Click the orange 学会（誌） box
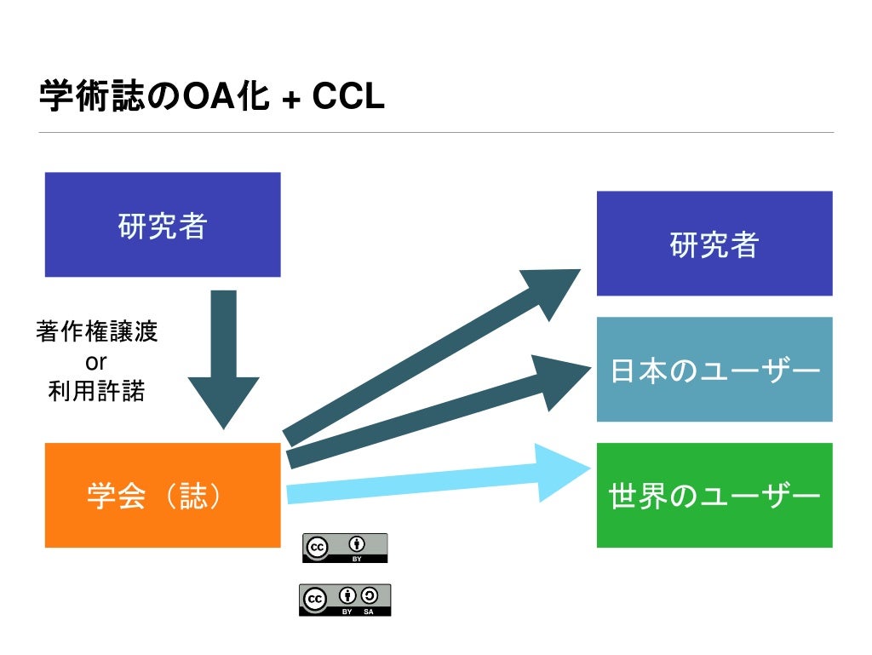[163, 495]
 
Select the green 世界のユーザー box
[714, 495]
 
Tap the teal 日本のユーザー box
[714, 370]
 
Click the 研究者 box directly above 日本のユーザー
[714, 244]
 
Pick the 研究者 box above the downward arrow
[163, 225]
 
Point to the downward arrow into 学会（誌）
[223, 358]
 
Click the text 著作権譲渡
[97, 332]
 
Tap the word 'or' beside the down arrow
[96, 361]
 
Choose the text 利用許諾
[97, 391]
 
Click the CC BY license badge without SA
[345, 548]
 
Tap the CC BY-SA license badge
[345, 600]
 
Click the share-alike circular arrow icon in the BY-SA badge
[370, 596]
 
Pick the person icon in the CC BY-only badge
[358, 543]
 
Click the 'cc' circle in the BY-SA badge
[314, 598]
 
